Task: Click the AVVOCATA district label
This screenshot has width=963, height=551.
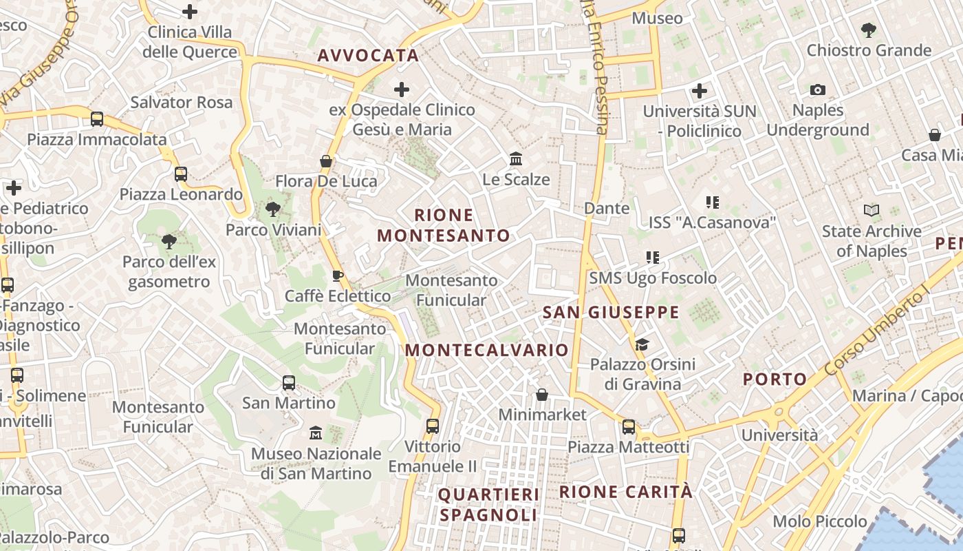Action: tap(368, 56)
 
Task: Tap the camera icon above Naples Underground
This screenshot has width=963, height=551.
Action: tap(817, 90)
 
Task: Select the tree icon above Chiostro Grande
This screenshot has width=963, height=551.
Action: tap(868, 30)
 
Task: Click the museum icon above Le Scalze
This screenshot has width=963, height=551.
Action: tap(516, 159)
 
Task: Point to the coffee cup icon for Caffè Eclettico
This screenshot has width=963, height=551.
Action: tap(337, 276)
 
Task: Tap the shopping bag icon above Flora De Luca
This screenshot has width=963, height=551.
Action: tap(326, 161)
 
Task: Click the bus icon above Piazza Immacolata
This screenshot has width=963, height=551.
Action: tap(97, 119)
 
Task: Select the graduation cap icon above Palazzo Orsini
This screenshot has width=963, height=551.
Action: tap(642, 344)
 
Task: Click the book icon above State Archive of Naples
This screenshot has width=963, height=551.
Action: tap(871, 210)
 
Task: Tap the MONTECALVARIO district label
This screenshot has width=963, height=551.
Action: tap(486, 350)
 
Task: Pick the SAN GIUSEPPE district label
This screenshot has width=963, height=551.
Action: tap(611, 313)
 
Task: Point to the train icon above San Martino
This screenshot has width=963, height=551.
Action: tap(289, 383)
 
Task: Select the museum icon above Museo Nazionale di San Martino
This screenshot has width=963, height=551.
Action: tap(316, 433)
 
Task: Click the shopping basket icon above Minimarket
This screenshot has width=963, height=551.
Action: tap(542, 395)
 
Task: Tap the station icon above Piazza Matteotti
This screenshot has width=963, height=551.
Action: tap(628, 427)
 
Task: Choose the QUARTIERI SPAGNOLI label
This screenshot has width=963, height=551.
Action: tap(488, 504)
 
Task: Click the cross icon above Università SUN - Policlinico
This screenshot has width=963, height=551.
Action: tap(700, 91)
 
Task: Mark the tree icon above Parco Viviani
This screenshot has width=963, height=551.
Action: tap(273, 209)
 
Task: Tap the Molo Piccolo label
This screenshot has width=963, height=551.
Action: tap(819, 521)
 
